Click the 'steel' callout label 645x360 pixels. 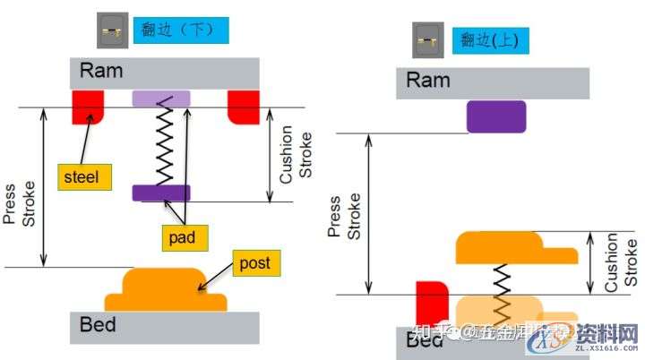pos(85,176)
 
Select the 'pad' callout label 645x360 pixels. pos(185,236)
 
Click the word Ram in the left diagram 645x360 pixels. pos(100,72)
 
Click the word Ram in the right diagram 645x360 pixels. pos(428,81)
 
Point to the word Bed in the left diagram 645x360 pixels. pos(99,325)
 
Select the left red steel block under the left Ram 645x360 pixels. pos(89,106)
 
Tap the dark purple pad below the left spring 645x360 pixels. pos(161,192)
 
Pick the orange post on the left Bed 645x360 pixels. pos(166,288)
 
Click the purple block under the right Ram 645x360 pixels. pos(495,116)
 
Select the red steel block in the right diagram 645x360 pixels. pos(432,303)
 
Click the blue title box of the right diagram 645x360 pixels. pos(489,39)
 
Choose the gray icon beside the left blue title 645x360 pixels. pos(112,30)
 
